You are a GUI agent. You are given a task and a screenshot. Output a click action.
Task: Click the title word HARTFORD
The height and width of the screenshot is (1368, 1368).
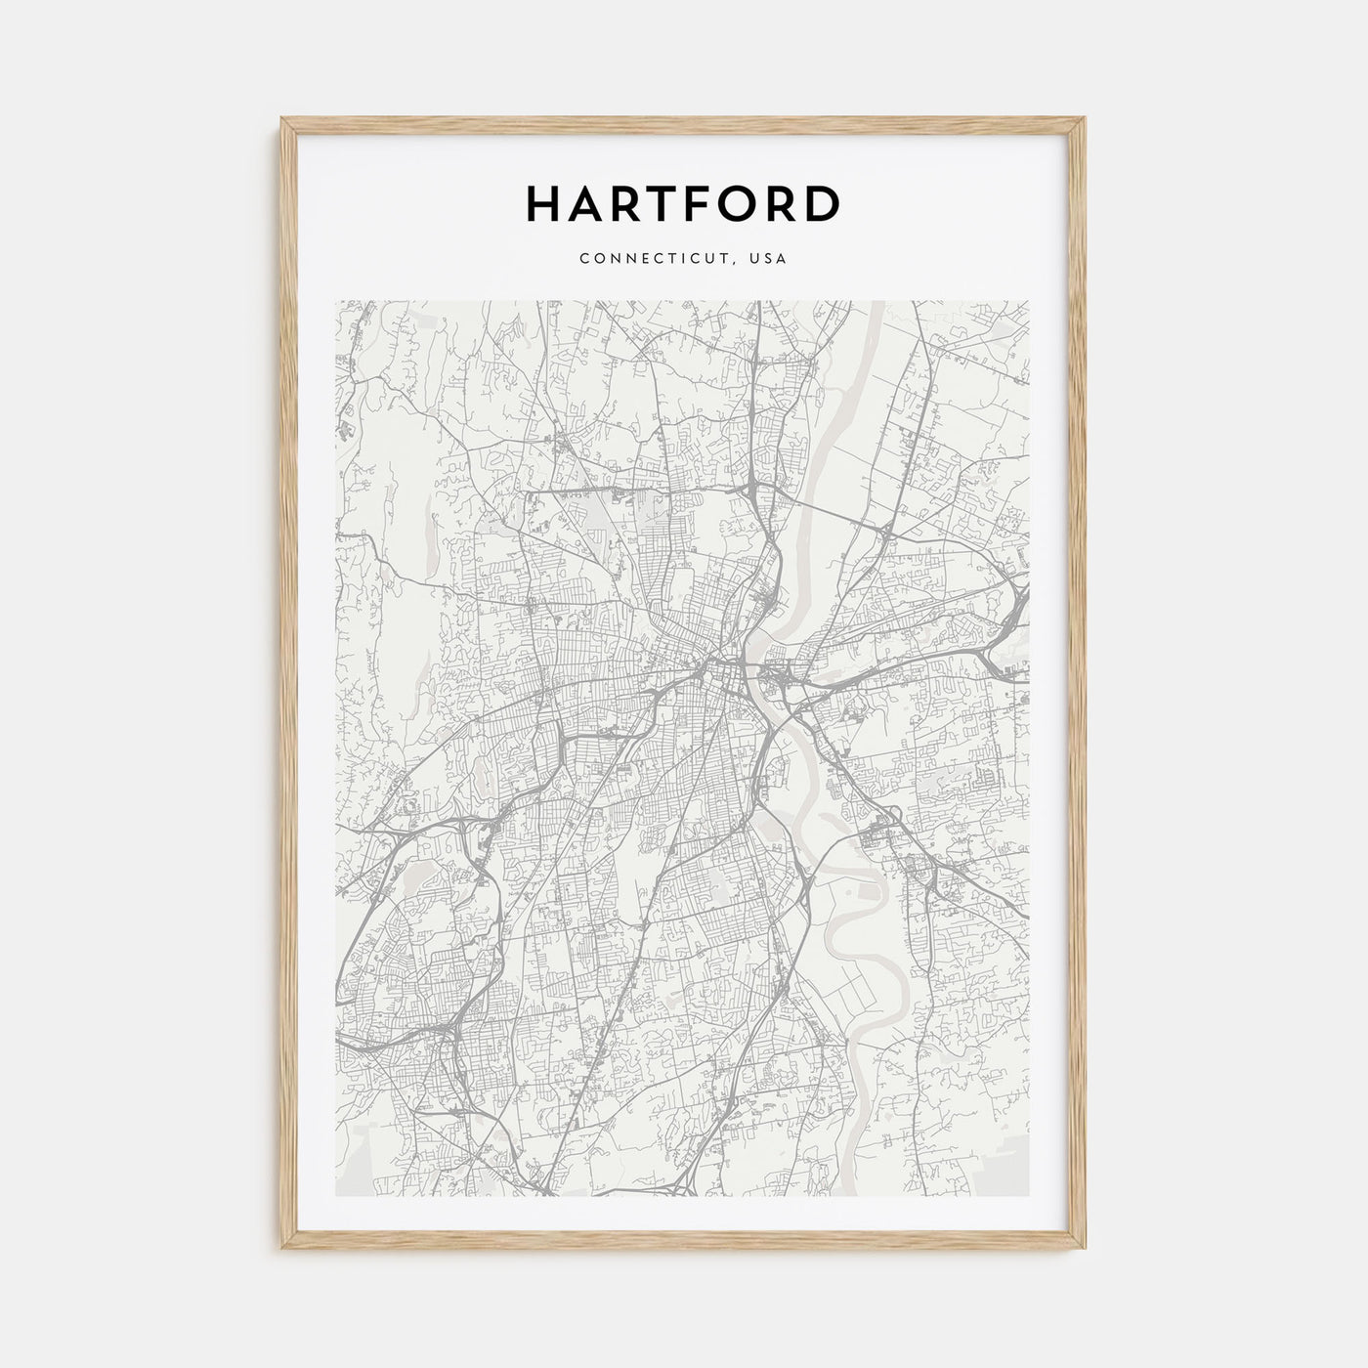tap(683, 204)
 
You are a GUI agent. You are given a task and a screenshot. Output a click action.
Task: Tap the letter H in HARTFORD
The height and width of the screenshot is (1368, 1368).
tap(544, 204)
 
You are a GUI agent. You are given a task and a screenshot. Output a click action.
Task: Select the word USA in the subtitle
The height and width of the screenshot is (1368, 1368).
tap(770, 259)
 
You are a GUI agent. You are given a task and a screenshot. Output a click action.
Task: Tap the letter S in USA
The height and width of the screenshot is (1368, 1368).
tap(770, 259)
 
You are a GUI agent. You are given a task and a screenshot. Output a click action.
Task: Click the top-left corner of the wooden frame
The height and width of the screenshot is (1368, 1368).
tap(282, 119)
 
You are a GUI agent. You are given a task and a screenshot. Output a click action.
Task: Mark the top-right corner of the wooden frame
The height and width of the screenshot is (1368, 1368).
tap(1086, 119)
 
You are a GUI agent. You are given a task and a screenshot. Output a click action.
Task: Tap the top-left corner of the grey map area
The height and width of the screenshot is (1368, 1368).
tap(336, 301)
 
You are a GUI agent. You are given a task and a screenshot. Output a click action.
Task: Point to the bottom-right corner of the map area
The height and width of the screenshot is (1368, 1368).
tap(1029, 1195)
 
